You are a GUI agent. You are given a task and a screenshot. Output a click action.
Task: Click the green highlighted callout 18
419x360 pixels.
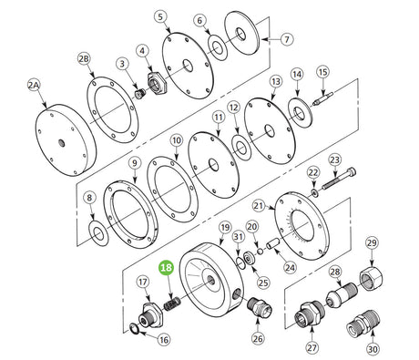pyautogui.click(x=167, y=268)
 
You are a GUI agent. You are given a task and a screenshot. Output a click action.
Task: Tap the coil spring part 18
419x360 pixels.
pyautogui.click(x=172, y=304)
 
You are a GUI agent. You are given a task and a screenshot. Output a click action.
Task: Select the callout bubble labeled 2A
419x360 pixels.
pyautogui.click(x=34, y=86)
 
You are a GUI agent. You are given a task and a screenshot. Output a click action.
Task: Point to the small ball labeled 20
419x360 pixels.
pyautogui.click(x=260, y=251)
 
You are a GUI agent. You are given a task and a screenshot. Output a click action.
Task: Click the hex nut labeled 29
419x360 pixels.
pyautogui.click(x=371, y=277)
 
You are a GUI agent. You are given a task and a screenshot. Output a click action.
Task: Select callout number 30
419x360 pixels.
pyautogui.click(x=373, y=349)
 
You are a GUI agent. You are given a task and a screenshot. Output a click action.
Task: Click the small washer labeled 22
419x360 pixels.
pyautogui.click(x=315, y=192)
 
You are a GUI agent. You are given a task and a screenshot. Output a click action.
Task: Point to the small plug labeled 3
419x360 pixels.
pyautogui.click(x=140, y=93)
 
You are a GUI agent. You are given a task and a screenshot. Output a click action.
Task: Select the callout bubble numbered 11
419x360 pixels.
pyautogui.click(x=219, y=117)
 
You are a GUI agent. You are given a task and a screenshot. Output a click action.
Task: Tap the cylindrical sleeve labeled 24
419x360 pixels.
pyautogui.click(x=273, y=243)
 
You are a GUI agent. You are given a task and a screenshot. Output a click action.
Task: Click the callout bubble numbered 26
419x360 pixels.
pyautogui.click(x=258, y=338)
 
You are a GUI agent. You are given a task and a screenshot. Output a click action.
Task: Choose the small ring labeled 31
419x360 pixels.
pyautogui.click(x=240, y=262)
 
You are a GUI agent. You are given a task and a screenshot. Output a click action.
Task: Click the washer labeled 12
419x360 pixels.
pyautogui.click(x=241, y=149)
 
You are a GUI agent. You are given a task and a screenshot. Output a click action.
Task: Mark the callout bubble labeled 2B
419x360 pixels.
pyautogui.click(x=84, y=58)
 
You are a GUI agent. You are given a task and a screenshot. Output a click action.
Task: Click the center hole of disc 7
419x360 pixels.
pyautogui.click(x=240, y=34)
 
